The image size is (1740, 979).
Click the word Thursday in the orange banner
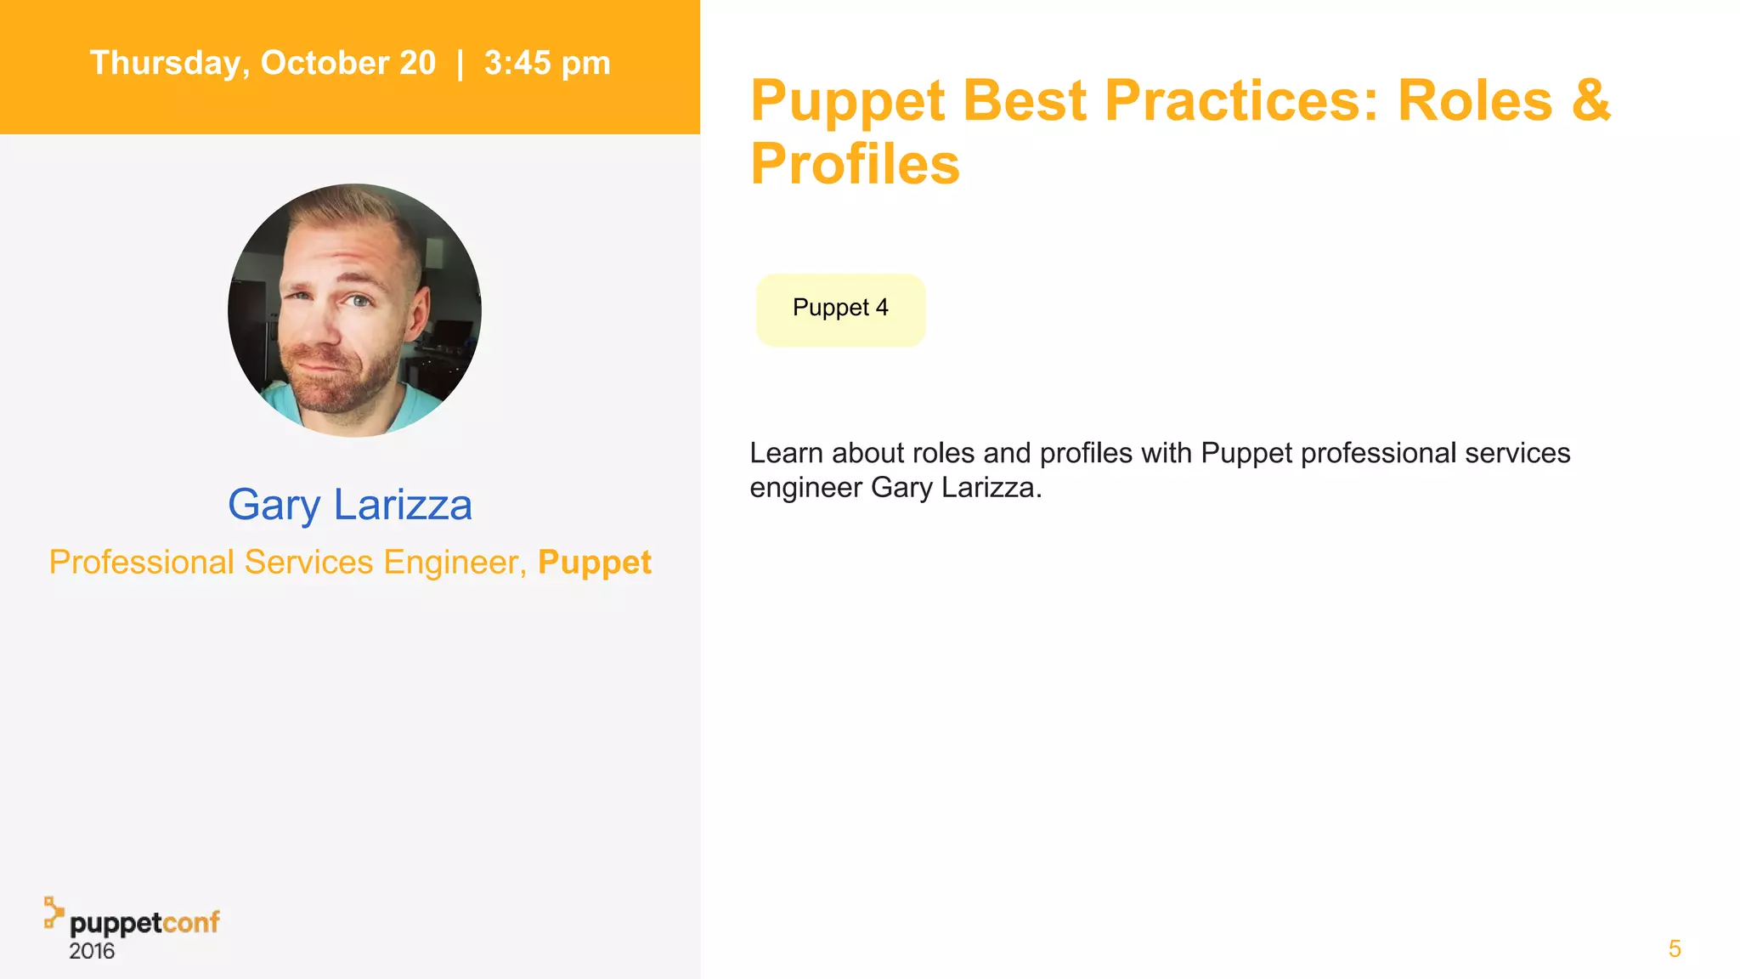coord(165,64)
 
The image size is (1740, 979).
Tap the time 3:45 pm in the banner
coord(547,64)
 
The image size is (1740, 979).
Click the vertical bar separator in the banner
coord(460,64)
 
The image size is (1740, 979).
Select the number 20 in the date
coord(417,63)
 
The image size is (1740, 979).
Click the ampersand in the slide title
coord(1590,100)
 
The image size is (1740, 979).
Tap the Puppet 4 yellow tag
coord(840,308)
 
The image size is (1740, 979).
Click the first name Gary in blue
coord(274,506)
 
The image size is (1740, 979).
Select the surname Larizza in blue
coord(403,505)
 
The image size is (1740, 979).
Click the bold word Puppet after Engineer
coord(595,563)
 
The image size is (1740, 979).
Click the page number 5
coord(1675,948)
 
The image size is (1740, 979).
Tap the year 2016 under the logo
coord(92,952)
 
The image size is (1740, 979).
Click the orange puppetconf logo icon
coord(54,912)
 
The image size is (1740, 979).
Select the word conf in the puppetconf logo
coord(191,922)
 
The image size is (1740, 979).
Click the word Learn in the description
coord(786,453)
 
